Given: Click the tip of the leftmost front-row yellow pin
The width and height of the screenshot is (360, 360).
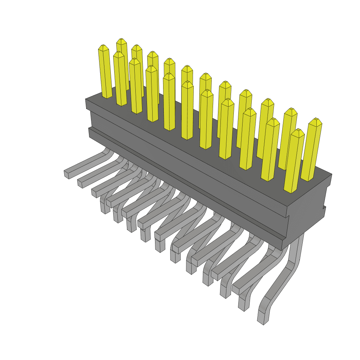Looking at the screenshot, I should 103,47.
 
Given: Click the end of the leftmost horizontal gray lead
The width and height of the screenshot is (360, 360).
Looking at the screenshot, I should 66,174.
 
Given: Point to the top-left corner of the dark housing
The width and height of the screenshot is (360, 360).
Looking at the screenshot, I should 86,100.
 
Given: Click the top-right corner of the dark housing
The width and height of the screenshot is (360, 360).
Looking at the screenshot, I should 332,174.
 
